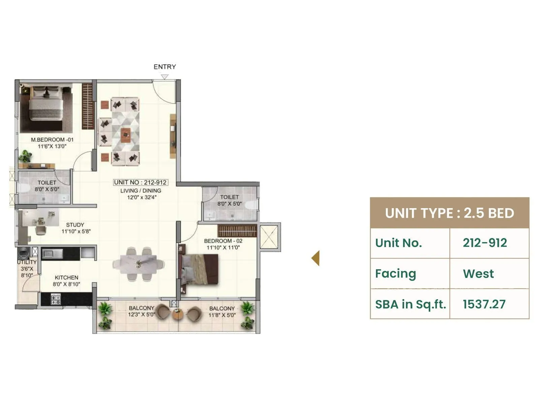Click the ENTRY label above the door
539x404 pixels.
click(x=165, y=67)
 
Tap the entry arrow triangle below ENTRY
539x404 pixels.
click(x=164, y=77)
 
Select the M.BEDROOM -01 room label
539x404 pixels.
click(x=52, y=139)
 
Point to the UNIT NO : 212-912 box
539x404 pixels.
click(x=140, y=182)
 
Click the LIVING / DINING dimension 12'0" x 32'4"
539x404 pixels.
click(x=142, y=197)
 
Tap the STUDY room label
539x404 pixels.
click(x=75, y=225)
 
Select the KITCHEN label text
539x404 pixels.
click(x=66, y=277)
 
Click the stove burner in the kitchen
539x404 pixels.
click(x=56, y=299)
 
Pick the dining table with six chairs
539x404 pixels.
click(x=138, y=264)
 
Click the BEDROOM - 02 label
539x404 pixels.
click(x=223, y=241)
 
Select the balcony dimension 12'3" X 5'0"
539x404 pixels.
click(x=141, y=315)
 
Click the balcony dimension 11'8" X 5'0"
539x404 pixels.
click(x=222, y=315)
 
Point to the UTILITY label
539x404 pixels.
click(x=27, y=262)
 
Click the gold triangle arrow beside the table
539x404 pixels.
click(x=316, y=258)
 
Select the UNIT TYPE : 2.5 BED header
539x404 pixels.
click(x=449, y=213)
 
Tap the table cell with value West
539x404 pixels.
click(x=478, y=274)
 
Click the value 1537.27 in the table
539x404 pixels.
click(x=484, y=304)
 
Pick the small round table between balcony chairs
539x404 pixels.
click(x=178, y=314)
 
